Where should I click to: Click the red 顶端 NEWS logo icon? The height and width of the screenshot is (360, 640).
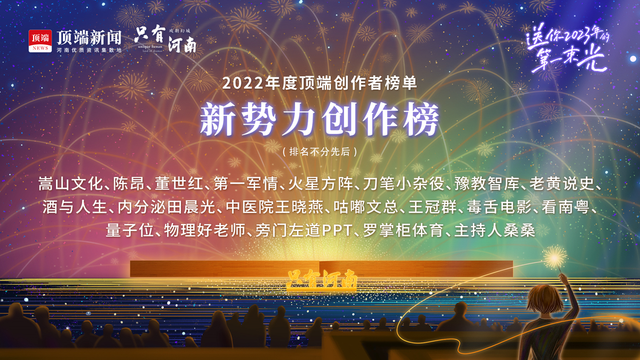(40, 41)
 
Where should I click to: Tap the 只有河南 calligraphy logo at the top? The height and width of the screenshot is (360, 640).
(166, 39)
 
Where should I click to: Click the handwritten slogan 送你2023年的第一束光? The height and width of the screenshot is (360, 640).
(567, 48)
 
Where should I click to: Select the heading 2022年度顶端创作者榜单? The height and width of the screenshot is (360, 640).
(319, 83)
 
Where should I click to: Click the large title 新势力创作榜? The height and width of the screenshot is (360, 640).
(319, 119)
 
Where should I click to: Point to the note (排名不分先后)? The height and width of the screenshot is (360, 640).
(319, 151)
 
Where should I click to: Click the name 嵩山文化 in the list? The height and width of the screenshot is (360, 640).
(70, 183)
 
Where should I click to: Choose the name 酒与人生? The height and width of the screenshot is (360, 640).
(75, 207)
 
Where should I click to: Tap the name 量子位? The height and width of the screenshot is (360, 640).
(130, 230)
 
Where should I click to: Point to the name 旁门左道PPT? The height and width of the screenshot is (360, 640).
(303, 230)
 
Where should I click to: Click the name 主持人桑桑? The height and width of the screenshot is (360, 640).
(494, 230)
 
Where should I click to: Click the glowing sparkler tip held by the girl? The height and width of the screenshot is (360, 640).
(554, 258)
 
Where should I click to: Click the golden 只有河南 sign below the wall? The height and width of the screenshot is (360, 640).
(322, 280)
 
